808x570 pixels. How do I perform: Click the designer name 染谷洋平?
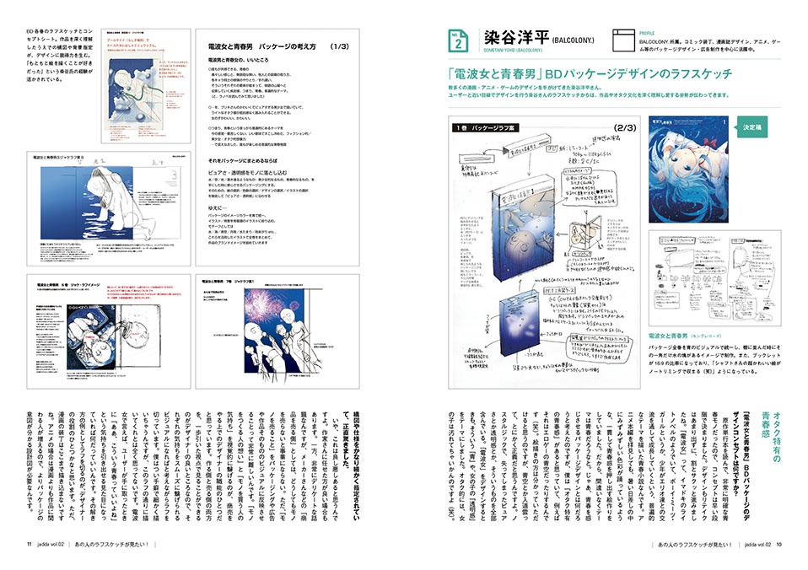[514, 37]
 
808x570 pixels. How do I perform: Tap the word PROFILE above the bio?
[650, 31]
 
